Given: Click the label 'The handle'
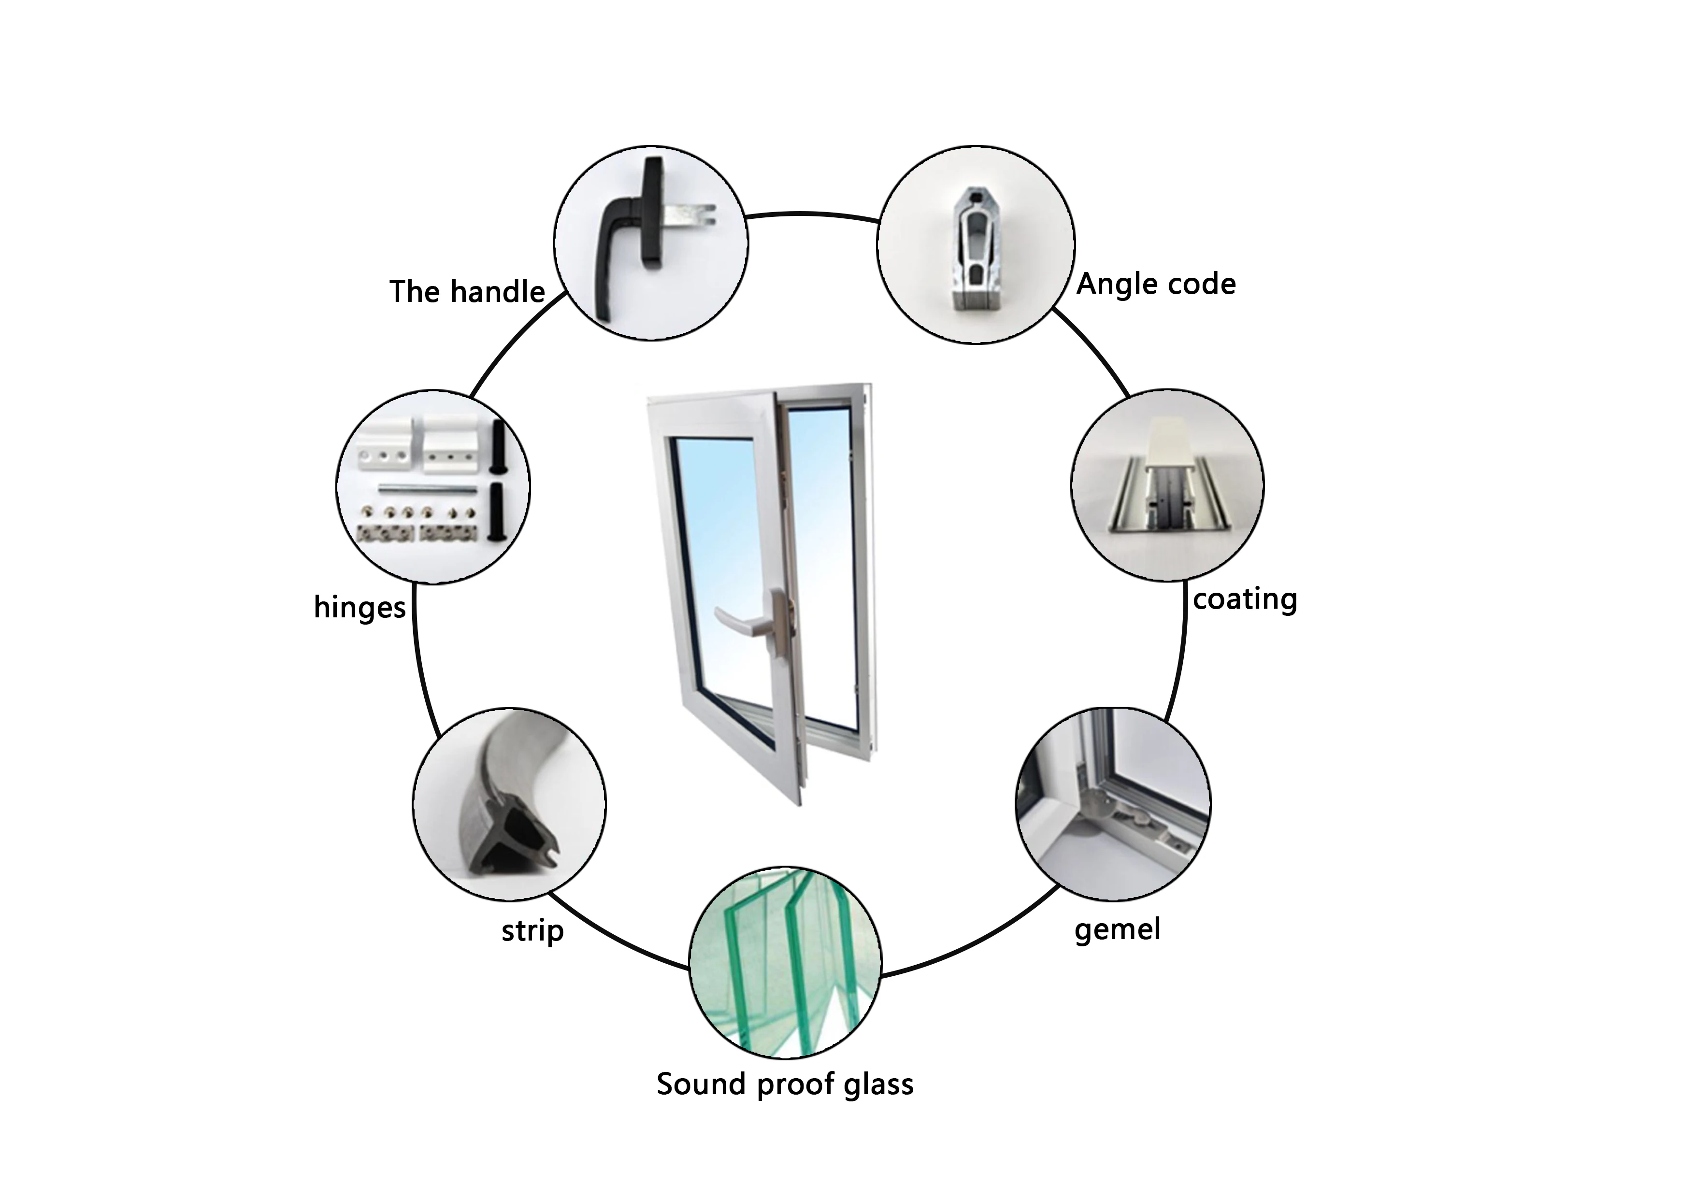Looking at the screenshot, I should (467, 292).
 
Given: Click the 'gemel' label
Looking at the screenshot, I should (1117, 929).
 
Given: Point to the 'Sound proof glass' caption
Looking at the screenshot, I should (785, 1084).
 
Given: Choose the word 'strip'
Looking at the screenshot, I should (532, 931).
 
